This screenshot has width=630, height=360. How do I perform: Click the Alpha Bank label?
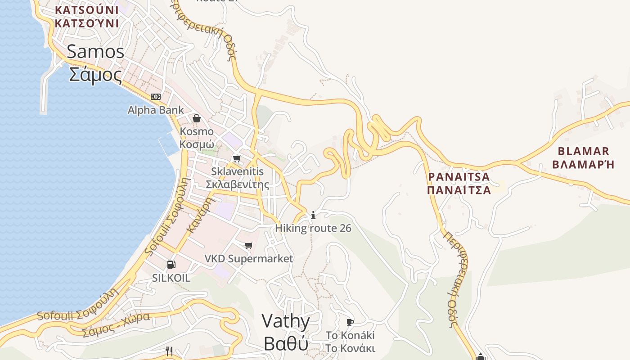coord(156,110)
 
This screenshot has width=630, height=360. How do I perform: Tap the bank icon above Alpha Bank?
coord(156,97)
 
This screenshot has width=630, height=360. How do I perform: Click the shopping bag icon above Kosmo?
coord(197,118)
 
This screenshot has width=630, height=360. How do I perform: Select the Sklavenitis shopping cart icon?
coord(237,158)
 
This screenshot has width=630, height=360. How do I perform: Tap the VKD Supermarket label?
coord(249,259)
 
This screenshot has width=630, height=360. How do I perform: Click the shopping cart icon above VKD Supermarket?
coord(249,245)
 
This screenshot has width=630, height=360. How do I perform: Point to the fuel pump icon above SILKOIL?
coord(171,265)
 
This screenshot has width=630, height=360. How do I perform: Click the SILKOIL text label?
coord(171,278)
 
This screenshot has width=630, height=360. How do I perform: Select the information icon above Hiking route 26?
coord(313,216)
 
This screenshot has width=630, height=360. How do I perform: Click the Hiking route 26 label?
coord(313,228)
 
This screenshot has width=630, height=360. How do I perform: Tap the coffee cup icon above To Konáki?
coord(350,322)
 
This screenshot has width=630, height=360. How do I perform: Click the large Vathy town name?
coord(286,321)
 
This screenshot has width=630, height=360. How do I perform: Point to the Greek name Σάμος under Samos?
coord(95,74)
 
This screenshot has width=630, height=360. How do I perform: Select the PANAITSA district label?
coord(459,176)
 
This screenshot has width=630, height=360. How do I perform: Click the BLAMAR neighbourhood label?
coord(583,151)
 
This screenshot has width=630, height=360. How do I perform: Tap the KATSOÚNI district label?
coord(86,9)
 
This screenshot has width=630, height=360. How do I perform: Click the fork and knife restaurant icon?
coord(169,351)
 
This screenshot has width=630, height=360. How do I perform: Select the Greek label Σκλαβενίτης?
coord(237,184)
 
